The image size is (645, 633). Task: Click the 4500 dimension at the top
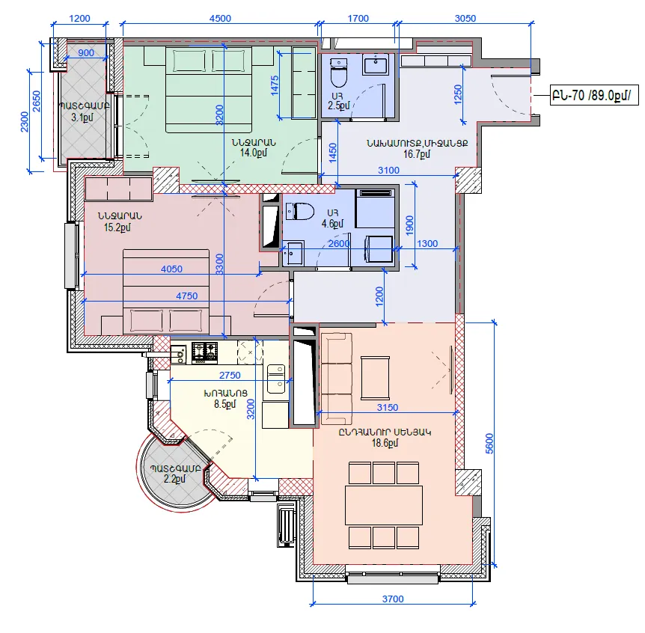coord(220,19)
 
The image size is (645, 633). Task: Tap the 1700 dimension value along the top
coord(358,19)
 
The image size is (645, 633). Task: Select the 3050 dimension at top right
coord(465,19)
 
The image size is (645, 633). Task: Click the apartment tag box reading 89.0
coord(594,96)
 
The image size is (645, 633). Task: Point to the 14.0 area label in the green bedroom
coord(254,153)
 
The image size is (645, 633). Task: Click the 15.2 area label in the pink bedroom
coord(117,227)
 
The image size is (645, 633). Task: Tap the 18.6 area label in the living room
coord(385,443)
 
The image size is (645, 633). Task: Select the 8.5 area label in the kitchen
coord(225,404)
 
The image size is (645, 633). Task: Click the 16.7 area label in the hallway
coord(417,154)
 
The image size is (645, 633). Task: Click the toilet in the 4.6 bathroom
coord(300,212)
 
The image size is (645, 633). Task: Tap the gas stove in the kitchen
coord(204,353)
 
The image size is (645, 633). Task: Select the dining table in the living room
coord(384,505)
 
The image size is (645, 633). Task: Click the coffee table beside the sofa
coord(375,378)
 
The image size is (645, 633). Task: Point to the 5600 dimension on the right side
coord(489,444)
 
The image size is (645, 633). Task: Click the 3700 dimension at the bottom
coord(393,599)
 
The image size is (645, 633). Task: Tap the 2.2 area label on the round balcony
coord(175,479)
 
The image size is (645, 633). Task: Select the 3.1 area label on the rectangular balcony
coord(82,117)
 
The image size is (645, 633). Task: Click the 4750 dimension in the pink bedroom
coord(187,296)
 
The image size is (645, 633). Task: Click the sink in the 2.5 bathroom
coord(375,64)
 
